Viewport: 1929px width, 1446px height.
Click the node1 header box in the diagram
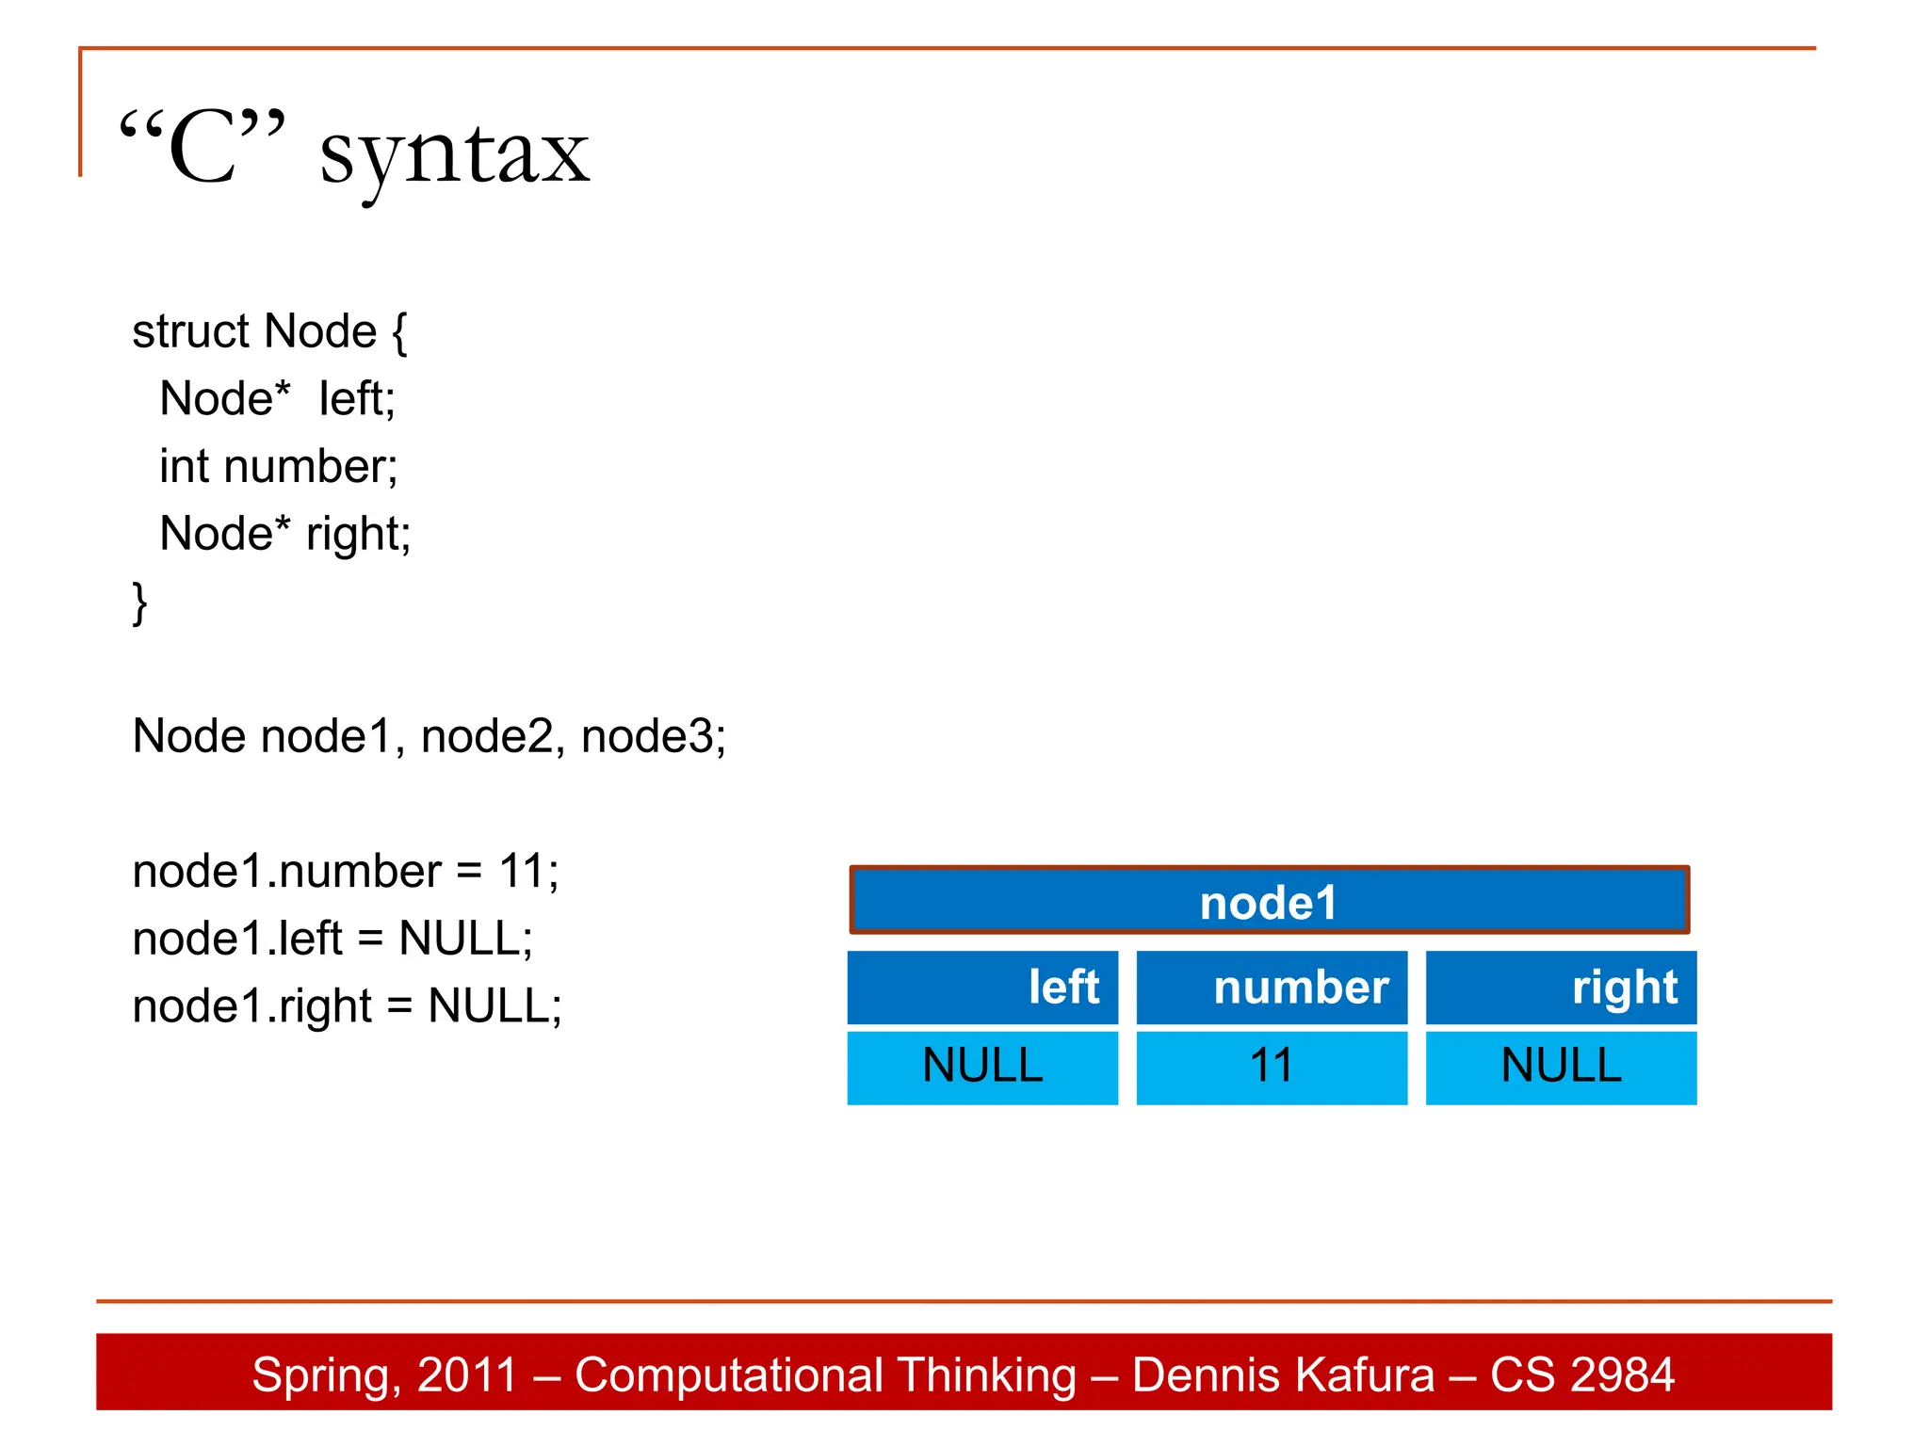pyautogui.click(x=1269, y=901)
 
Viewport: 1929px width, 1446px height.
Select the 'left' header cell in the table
pyautogui.click(x=982, y=988)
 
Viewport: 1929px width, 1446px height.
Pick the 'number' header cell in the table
pyautogui.click(x=1272, y=988)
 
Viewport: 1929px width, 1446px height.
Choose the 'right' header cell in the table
pyautogui.click(x=1561, y=988)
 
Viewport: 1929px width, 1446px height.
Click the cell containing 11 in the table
pyautogui.click(x=1272, y=1068)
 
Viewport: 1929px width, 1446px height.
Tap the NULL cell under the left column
pyautogui.click(x=982, y=1068)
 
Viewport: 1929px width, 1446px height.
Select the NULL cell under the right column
pyautogui.click(x=1561, y=1068)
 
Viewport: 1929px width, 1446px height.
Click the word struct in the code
pyautogui.click(x=191, y=331)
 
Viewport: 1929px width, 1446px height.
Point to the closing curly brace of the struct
pyautogui.click(x=139, y=602)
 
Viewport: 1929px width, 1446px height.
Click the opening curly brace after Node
pyautogui.click(x=399, y=332)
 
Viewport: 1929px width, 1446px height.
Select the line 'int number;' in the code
pyautogui.click(x=279, y=467)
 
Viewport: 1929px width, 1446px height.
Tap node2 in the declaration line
pyautogui.click(x=492, y=736)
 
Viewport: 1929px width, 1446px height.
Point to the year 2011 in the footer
pyautogui.click(x=468, y=1375)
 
